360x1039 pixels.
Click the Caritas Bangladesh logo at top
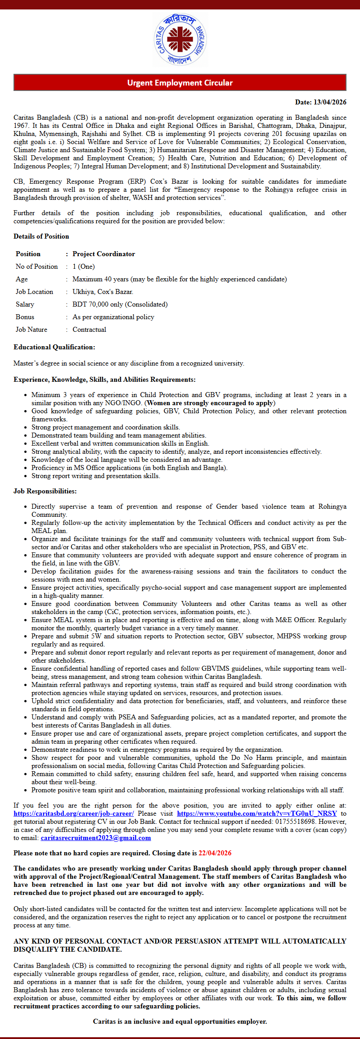coord(180,40)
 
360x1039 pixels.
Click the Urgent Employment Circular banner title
coord(180,83)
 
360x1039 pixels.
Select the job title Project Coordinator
coord(103,254)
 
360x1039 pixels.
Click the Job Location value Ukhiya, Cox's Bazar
coord(103,292)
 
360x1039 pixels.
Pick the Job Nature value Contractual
coord(89,330)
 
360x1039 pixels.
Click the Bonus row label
coord(25,317)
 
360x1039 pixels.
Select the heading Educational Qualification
coord(54,347)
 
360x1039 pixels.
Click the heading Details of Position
coord(41,236)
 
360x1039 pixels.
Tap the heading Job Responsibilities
coord(45,491)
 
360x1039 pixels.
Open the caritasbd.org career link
coord(73,813)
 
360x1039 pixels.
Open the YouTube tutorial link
coord(256,813)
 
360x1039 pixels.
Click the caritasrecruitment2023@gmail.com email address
coord(95,838)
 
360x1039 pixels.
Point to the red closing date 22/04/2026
coord(215,853)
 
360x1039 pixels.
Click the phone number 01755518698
coord(295,822)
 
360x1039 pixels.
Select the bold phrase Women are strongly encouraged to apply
coord(210,403)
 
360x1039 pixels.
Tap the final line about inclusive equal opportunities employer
coord(180,1021)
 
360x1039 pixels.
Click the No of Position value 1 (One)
coord(83,267)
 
